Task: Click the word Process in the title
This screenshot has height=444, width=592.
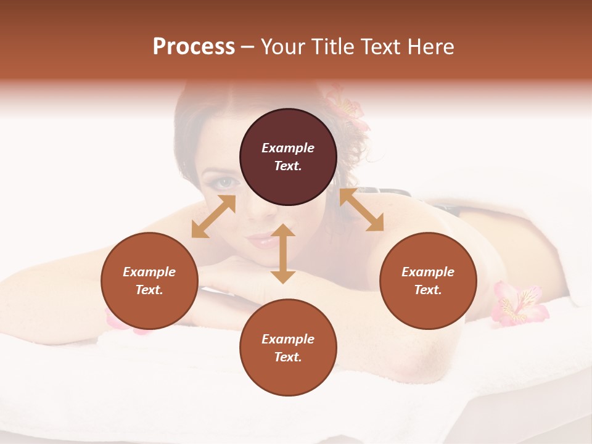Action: tap(194, 47)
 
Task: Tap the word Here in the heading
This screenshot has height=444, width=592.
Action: tap(430, 47)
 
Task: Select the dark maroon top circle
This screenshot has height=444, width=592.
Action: tap(288, 157)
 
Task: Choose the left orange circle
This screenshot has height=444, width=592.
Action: tap(149, 281)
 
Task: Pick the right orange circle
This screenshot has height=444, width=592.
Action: tap(428, 281)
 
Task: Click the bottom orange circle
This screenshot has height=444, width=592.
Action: tap(288, 348)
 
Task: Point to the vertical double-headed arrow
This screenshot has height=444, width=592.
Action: tap(283, 253)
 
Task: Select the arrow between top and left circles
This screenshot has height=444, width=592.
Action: tap(213, 216)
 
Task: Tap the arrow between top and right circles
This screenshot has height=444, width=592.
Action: tap(361, 210)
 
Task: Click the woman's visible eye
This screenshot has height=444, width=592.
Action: tap(226, 183)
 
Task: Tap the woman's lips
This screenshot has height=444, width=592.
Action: tap(262, 239)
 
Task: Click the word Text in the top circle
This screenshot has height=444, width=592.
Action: tap(287, 166)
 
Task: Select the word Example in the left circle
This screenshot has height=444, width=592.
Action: tap(149, 272)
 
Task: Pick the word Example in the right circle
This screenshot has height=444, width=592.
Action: tap(428, 272)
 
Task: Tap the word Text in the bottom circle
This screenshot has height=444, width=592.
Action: tap(287, 357)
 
